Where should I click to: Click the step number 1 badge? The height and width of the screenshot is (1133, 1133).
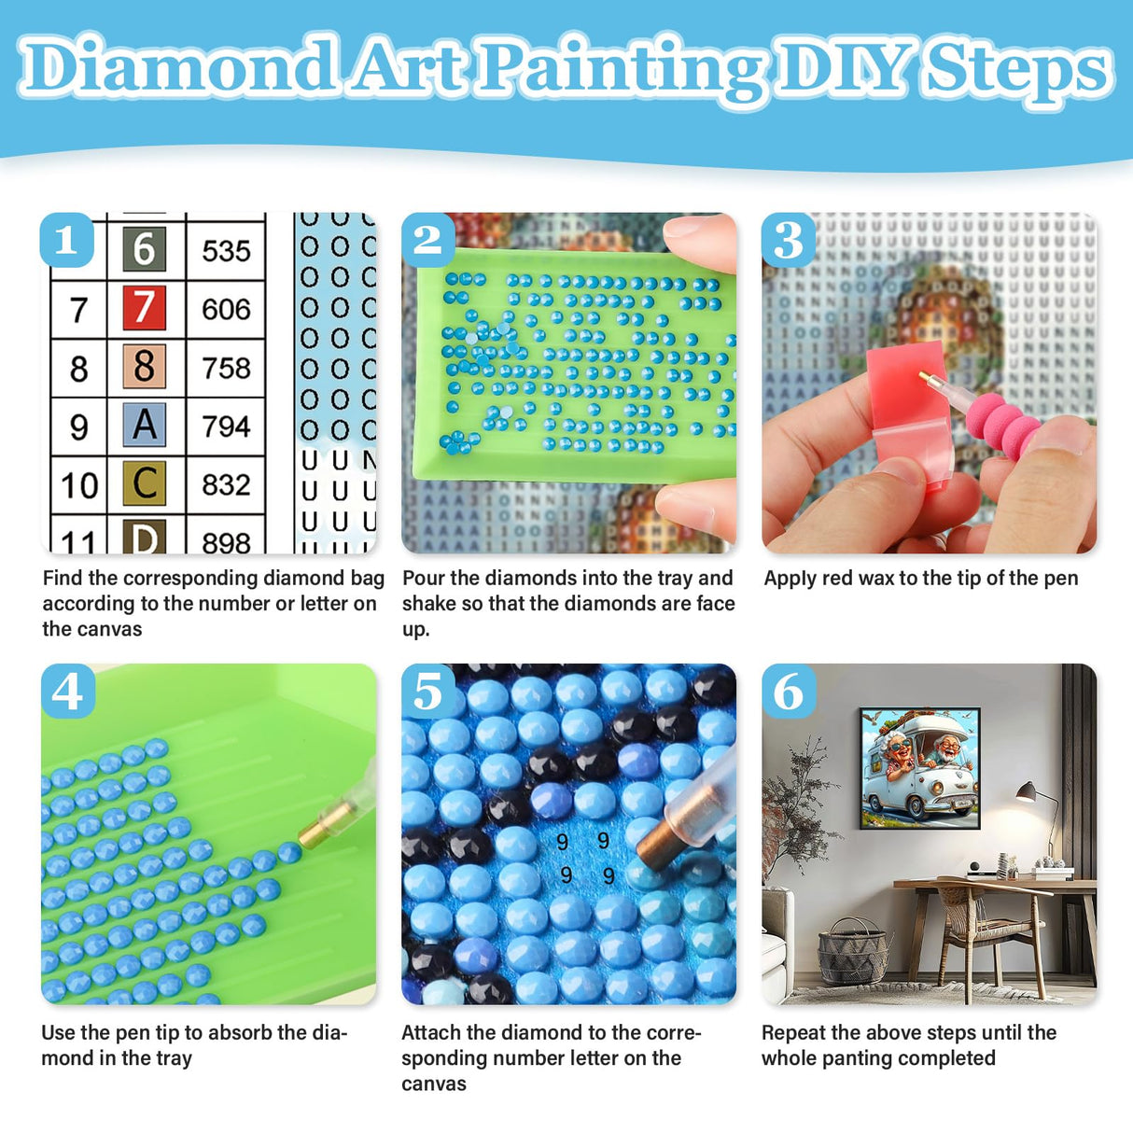66,241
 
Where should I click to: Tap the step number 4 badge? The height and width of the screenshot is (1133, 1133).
67,692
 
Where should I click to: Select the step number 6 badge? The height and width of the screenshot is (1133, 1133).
789,692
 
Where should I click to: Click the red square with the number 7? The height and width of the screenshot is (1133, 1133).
144,308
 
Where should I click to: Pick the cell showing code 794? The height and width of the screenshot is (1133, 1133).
226,427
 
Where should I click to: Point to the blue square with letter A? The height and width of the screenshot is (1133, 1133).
144,426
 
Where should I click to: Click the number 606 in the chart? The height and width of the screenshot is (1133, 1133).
226,309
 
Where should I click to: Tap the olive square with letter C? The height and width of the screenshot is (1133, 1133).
144,483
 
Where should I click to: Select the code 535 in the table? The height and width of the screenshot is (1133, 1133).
226,250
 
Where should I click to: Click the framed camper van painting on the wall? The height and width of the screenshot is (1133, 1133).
919,767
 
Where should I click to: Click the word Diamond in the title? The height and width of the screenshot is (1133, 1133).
177,67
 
